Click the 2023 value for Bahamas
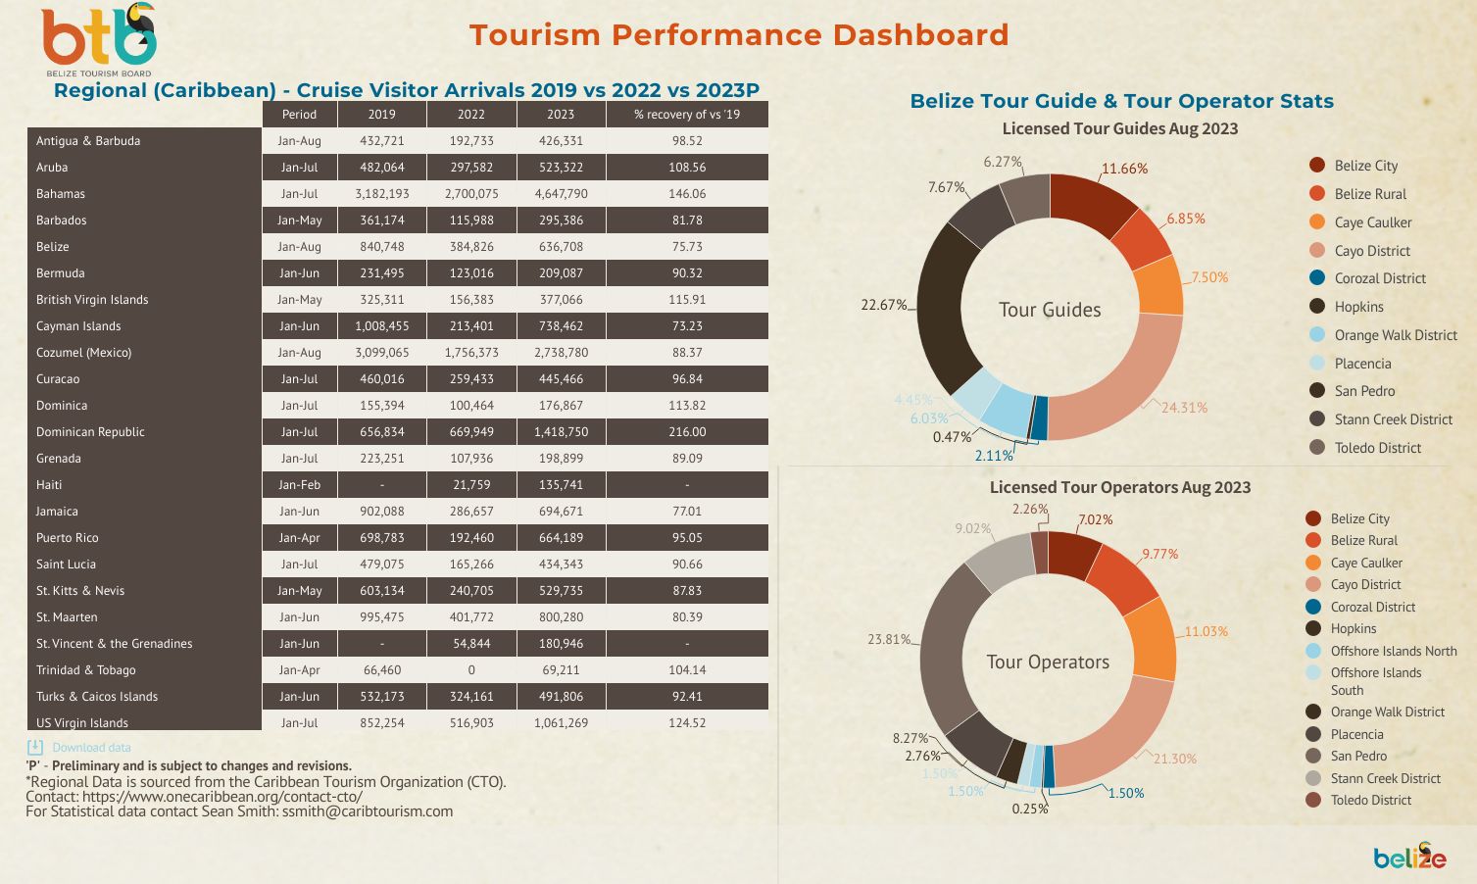click(561, 194)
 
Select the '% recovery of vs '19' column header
click(686, 115)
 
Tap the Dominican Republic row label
click(90, 432)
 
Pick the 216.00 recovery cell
click(687, 432)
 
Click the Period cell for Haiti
click(299, 485)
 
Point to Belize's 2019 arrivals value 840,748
click(381, 247)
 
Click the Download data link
click(90, 748)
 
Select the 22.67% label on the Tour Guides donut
click(883, 305)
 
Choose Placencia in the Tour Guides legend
click(1362, 364)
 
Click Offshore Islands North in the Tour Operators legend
click(1393, 651)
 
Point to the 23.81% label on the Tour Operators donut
click(888, 639)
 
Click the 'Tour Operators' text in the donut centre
click(1048, 663)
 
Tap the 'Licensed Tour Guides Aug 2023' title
click(1119, 129)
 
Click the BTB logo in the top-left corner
click(98, 39)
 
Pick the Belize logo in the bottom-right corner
click(1409, 857)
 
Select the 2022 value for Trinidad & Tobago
click(471, 670)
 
